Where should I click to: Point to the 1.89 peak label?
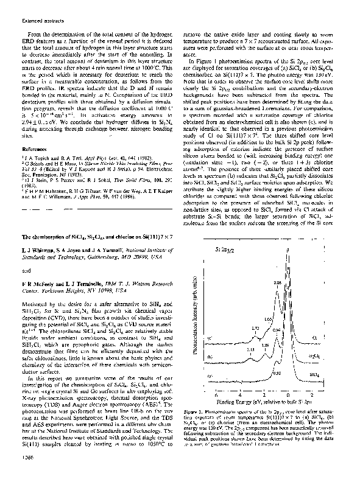[266, 345]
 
